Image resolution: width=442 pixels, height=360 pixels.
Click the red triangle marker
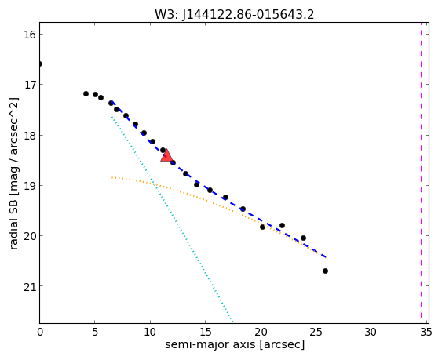[x=166, y=155]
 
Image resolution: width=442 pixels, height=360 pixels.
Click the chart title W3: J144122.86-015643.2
[x=234, y=15]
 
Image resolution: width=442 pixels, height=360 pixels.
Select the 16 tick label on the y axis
[x=30, y=35]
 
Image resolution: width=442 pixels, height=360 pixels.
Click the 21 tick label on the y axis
[x=30, y=286]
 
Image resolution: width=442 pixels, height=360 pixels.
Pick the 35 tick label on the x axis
[x=426, y=333]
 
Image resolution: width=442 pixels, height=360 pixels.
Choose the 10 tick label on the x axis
[x=150, y=333]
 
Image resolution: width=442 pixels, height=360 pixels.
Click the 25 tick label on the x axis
[x=316, y=333]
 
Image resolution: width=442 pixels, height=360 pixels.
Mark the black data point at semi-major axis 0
[x=40, y=64]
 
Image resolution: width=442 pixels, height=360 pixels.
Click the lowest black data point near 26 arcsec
[x=325, y=271]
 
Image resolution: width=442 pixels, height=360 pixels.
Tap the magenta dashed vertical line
[x=421, y=173]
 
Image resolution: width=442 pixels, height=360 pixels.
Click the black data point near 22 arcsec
[x=282, y=225]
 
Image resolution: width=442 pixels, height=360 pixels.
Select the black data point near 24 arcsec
[x=303, y=238]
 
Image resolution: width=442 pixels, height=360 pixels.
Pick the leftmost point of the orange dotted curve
[x=112, y=177]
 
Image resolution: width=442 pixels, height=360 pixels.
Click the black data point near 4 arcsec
[x=86, y=93]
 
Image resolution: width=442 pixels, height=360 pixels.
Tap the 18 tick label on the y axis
[x=30, y=136]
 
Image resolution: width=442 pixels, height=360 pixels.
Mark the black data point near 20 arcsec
[x=262, y=227]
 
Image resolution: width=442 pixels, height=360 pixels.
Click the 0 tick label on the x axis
[x=40, y=333]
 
